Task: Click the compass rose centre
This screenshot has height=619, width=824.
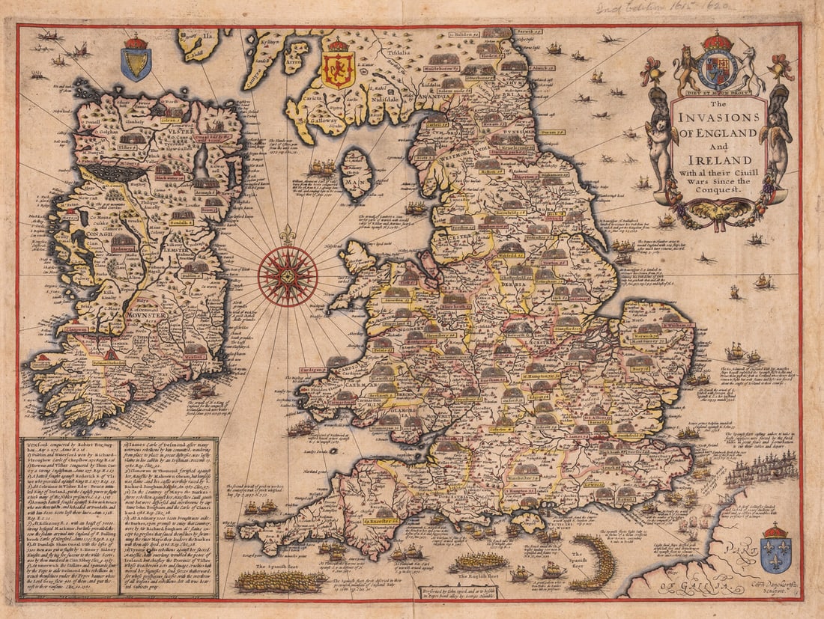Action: [x=287, y=275]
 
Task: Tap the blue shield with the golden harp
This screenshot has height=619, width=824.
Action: [x=136, y=60]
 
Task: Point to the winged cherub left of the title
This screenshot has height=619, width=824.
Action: [x=660, y=146]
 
